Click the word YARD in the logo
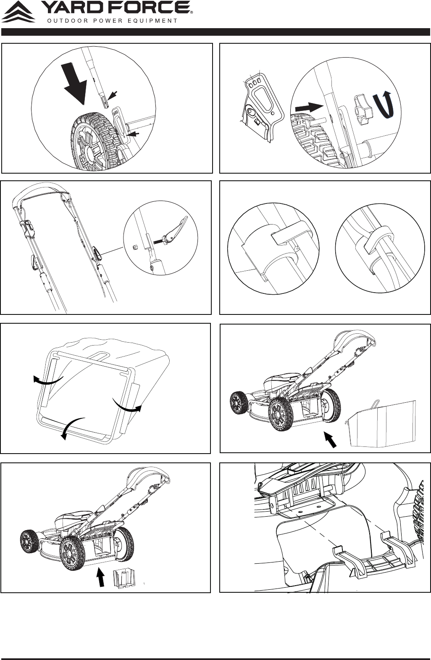coord(74,8)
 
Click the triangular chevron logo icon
coord(18,12)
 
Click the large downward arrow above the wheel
coord(74,84)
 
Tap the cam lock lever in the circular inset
coord(173,231)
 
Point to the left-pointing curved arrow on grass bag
coord(48,379)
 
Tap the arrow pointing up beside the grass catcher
coord(330,440)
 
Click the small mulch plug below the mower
coord(124,578)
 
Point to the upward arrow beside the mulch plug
coord(101,577)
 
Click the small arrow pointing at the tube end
coord(113,95)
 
